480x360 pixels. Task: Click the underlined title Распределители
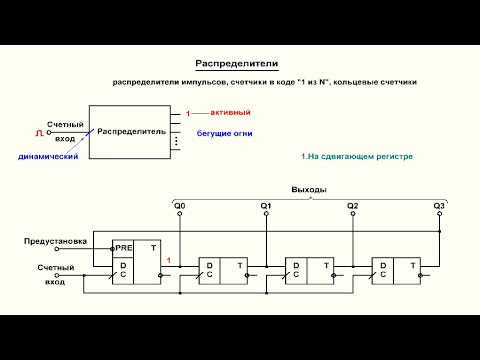point(236,63)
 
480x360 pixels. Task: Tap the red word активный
point(218,113)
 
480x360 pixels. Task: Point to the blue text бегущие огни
point(221,133)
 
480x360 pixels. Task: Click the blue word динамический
point(48,156)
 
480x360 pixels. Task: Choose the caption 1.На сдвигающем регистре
point(356,157)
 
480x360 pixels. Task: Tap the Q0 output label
point(179,206)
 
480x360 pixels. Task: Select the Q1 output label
point(266,206)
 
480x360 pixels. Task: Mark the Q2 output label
point(352,206)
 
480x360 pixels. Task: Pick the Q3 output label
point(439,206)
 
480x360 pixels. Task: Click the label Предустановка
point(56,242)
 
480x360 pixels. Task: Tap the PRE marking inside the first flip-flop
point(124,246)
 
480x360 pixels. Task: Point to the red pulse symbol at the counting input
point(39,131)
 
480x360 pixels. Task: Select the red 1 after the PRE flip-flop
point(169,261)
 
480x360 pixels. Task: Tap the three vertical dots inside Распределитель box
point(176,142)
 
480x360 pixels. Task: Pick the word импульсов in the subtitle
point(190,81)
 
